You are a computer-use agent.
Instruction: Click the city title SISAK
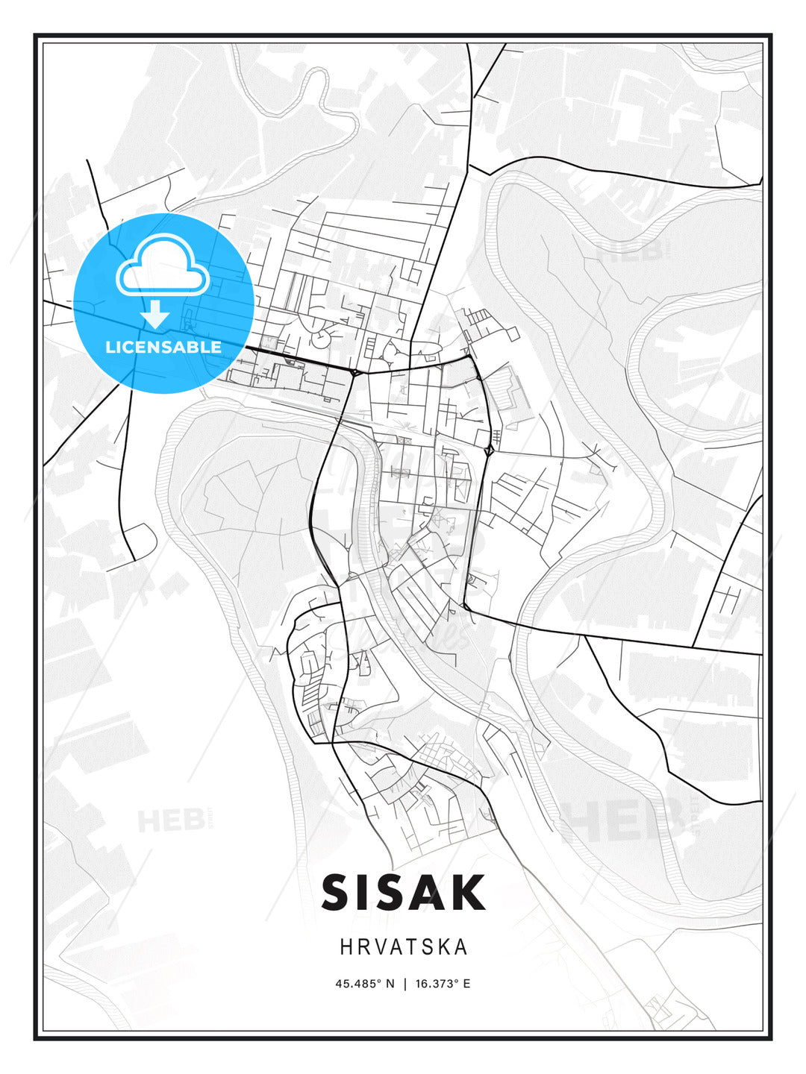[403, 892]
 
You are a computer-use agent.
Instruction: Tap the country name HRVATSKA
[404, 947]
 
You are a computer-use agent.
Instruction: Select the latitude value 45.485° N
[364, 984]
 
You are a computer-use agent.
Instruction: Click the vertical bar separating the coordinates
[404, 984]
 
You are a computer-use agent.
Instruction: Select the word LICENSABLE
[163, 347]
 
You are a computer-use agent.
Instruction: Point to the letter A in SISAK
[428, 892]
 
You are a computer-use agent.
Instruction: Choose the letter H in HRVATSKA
[346, 947]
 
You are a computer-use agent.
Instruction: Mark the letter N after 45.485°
[389, 984]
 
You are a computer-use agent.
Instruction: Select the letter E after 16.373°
[466, 984]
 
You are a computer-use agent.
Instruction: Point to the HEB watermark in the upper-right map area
[625, 251]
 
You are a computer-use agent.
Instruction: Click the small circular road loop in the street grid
[320, 339]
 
